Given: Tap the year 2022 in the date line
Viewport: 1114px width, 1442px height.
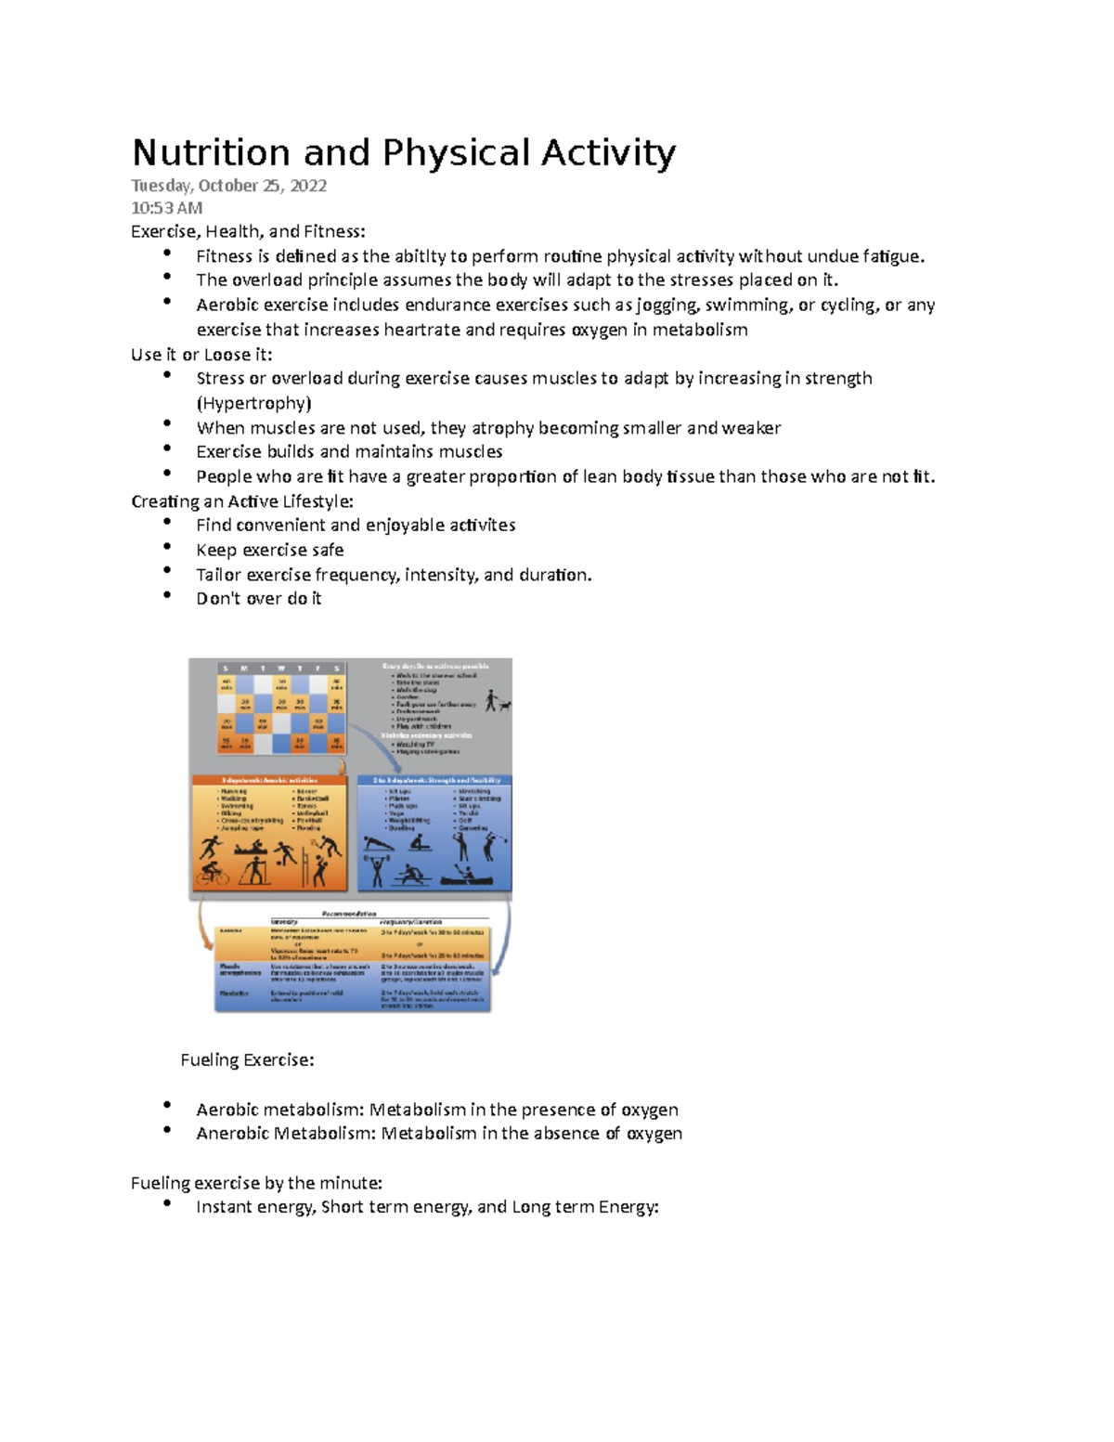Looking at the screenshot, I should pyautogui.click(x=308, y=186).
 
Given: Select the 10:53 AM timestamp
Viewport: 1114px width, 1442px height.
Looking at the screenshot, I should pyautogui.click(x=166, y=208).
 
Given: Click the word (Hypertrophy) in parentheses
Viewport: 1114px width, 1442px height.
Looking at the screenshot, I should pyautogui.click(x=253, y=403).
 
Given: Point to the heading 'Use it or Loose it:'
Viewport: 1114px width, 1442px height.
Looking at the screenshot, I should pyautogui.click(x=201, y=355).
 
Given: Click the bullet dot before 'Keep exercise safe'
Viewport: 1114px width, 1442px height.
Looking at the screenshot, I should pyautogui.click(x=167, y=548).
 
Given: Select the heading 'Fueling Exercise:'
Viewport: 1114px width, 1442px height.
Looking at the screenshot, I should pyautogui.click(x=247, y=1059).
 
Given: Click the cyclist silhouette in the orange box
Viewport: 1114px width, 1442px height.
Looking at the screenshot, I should pyautogui.click(x=213, y=874).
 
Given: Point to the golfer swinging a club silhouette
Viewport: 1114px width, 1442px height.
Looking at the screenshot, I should pyautogui.click(x=491, y=846).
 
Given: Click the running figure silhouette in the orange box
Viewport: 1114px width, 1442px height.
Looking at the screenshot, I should pyautogui.click(x=212, y=847).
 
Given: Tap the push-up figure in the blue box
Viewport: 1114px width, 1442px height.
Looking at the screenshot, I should pyautogui.click(x=378, y=844).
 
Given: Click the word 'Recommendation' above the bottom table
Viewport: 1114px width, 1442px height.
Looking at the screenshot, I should pyautogui.click(x=349, y=914).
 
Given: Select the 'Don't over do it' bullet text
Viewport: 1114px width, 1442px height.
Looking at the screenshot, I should pyautogui.click(x=258, y=599).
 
